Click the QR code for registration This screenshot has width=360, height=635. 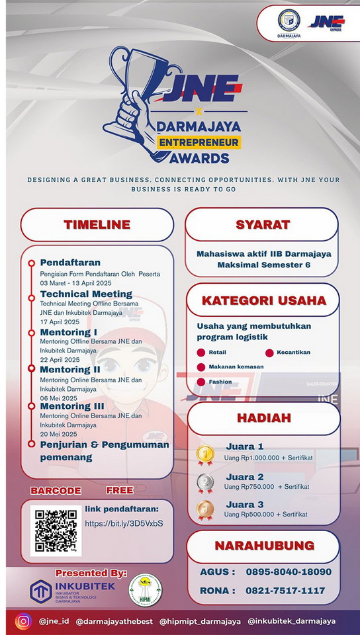[x=56, y=530]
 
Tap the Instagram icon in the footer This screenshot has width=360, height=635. [x=23, y=621]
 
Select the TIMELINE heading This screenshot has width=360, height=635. [x=97, y=225]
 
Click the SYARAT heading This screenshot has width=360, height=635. [x=263, y=225]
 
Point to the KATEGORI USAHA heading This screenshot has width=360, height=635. [x=263, y=300]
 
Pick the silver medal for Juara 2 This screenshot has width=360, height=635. [x=204, y=482]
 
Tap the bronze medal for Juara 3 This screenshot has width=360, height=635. [x=204, y=509]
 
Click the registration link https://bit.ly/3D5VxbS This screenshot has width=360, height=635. [x=124, y=523]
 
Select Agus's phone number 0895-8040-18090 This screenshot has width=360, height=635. [x=289, y=571]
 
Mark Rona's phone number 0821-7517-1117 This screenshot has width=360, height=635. [x=285, y=591]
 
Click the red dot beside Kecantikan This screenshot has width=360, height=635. [x=269, y=353]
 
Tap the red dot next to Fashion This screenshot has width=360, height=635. [x=201, y=382]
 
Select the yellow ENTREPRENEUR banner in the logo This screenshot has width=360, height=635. [x=198, y=143]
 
